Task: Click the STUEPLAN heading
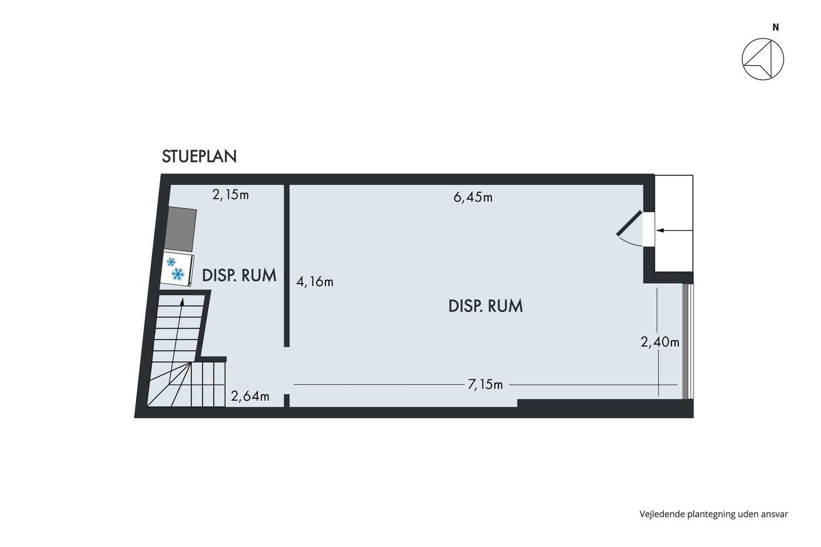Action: (x=199, y=157)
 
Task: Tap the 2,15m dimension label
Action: (x=230, y=195)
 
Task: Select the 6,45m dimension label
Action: (x=473, y=198)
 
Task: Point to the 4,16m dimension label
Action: (x=315, y=282)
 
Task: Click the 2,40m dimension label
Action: (x=660, y=342)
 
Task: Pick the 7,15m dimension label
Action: (x=486, y=385)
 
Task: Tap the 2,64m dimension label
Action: (x=250, y=396)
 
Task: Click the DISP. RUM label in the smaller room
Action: (x=239, y=276)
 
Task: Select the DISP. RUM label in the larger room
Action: (x=486, y=306)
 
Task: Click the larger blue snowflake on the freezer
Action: (x=178, y=274)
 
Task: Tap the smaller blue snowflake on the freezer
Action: (x=171, y=261)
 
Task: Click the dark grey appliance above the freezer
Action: (x=181, y=230)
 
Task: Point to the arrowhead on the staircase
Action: (x=182, y=301)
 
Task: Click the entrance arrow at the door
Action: (x=674, y=230)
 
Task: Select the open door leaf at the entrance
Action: (x=629, y=223)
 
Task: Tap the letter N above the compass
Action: (x=775, y=28)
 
